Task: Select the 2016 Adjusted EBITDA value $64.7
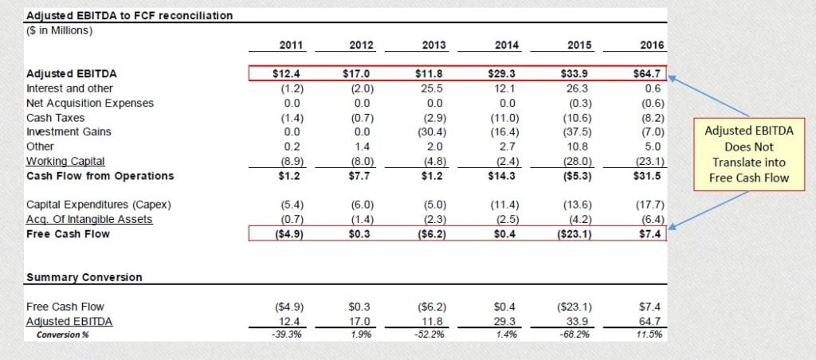(x=648, y=74)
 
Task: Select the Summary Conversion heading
(x=84, y=277)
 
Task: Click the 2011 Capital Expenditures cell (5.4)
(x=288, y=205)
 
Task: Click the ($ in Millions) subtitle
(x=61, y=31)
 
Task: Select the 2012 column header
(x=363, y=46)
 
